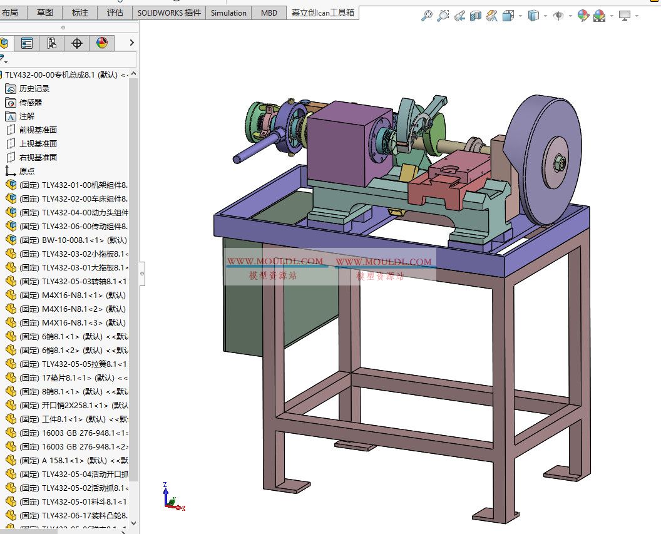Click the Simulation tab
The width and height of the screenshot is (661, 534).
tap(228, 13)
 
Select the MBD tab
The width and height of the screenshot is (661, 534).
tap(269, 13)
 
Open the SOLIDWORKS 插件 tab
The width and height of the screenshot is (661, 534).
tap(169, 13)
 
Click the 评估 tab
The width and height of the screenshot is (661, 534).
tap(115, 13)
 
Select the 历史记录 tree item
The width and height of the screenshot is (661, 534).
tap(34, 89)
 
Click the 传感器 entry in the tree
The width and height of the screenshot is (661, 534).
tap(31, 103)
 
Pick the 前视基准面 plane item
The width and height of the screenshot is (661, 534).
tap(38, 130)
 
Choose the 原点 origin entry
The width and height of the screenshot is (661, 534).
tap(27, 172)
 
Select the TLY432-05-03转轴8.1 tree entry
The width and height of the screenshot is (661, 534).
tap(75, 282)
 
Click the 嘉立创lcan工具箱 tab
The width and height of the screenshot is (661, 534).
tap(323, 13)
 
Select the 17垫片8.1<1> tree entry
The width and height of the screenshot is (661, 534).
tap(75, 378)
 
